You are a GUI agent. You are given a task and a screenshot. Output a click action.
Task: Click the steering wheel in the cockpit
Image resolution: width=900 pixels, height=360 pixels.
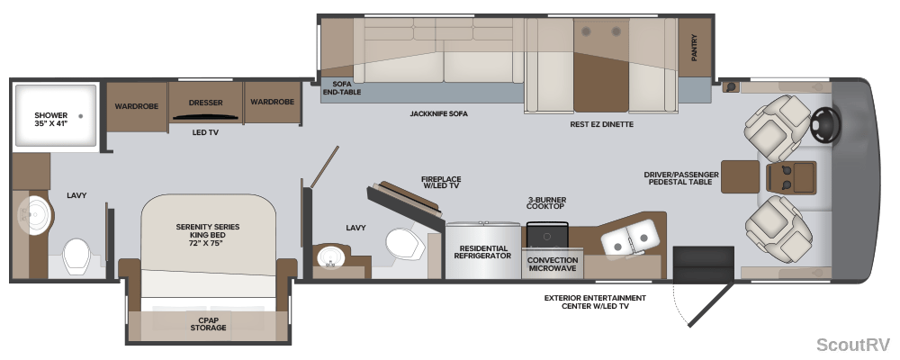point(825,122)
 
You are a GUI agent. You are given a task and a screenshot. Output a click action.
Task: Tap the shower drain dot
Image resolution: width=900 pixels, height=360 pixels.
point(80,115)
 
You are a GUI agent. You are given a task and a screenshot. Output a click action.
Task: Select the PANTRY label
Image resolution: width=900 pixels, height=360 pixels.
point(695,48)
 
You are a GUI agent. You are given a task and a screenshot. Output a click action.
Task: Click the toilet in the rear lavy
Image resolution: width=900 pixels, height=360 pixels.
point(76,256)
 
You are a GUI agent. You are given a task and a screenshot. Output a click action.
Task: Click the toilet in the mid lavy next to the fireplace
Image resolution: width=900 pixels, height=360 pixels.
point(405,245)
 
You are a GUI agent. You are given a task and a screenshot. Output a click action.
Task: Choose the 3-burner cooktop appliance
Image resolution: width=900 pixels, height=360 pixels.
point(547,235)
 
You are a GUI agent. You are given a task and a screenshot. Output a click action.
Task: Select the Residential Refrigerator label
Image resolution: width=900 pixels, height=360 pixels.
point(482,252)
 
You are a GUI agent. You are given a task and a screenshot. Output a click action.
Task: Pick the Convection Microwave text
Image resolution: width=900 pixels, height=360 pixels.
point(553,264)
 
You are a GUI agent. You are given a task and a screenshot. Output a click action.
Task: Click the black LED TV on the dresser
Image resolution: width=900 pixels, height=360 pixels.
point(205,117)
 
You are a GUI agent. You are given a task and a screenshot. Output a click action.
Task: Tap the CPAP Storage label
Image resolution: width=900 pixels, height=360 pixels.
point(208,323)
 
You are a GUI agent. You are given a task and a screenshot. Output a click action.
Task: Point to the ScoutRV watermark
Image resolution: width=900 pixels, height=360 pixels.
point(853,345)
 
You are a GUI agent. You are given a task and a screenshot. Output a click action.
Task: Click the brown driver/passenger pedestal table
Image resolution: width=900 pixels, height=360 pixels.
point(741,176)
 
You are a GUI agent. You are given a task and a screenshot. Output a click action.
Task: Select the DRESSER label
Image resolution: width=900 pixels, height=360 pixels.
point(205,103)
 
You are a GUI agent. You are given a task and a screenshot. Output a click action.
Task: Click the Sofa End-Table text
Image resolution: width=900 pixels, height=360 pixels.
point(342,87)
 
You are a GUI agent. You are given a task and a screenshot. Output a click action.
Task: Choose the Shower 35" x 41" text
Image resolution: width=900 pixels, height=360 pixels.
point(51,120)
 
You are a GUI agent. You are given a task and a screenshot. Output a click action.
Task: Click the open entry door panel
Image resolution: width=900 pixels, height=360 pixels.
point(711,303)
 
